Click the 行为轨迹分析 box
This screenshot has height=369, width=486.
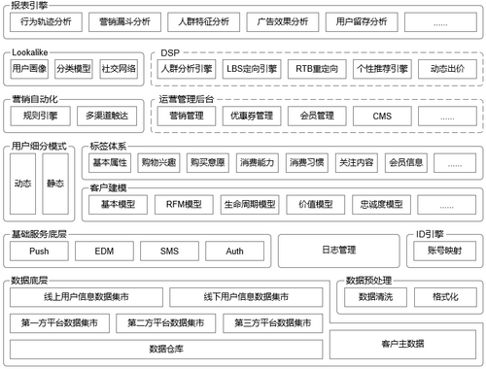tap(49, 20)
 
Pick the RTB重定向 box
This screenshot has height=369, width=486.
tap(317, 69)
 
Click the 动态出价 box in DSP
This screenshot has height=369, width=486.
tap(446, 69)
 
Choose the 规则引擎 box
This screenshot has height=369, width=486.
tap(38, 116)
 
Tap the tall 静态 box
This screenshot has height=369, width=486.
tap(54, 183)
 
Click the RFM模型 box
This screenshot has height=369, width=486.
tap(179, 205)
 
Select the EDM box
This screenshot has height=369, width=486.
tap(104, 251)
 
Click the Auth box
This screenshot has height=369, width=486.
tap(234, 251)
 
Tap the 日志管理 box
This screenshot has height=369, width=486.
tap(339, 251)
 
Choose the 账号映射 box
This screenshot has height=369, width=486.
tap(443, 251)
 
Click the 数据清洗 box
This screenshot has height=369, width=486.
tap(375, 296)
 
